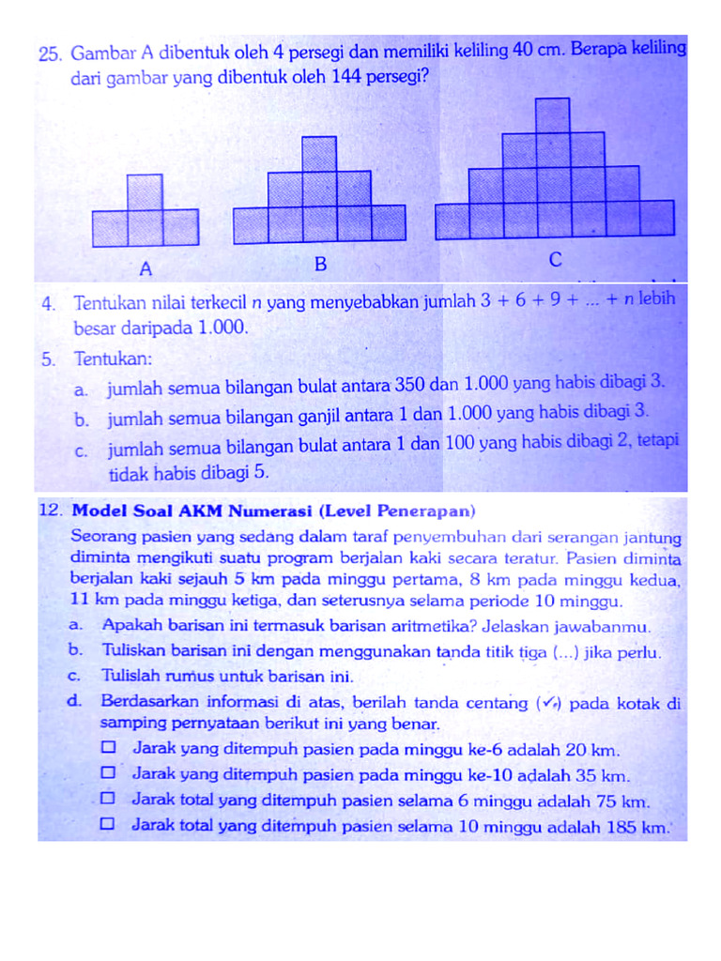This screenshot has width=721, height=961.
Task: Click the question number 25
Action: click(50, 53)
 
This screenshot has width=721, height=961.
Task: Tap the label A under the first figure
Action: click(146, 269)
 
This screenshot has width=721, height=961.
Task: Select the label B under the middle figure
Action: click(319, 265)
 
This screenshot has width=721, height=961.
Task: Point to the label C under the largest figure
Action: click(555, 260)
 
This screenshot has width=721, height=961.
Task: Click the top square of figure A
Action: click(145, 191)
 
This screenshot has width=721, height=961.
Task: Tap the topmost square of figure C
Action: click(553, 114)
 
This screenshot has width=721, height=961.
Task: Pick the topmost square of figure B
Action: click(319, 154)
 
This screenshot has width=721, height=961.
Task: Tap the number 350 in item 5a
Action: click(407, 385)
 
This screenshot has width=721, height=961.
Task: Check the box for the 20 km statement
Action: click(109, 748)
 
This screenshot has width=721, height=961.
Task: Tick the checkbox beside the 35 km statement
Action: click(109, 773)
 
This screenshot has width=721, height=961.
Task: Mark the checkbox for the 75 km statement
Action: click(109, 799)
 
